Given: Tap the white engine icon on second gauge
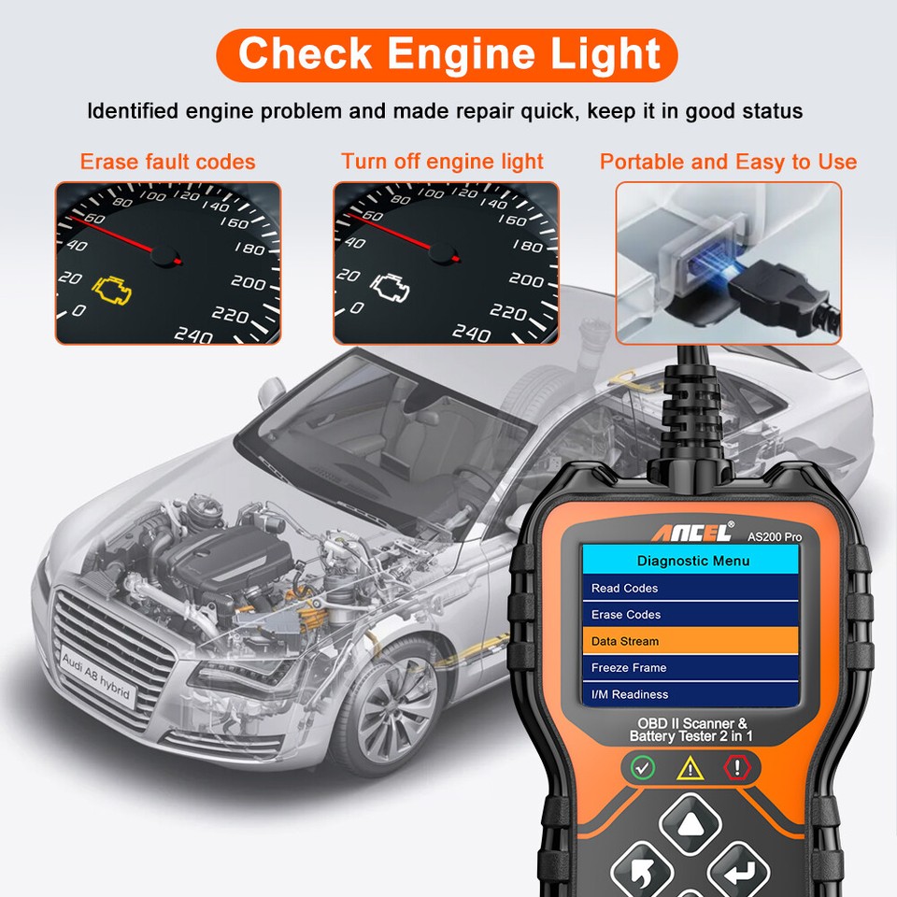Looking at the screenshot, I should coord(390,287).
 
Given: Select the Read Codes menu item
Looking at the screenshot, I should coord(691,588).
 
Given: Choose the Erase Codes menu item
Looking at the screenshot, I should coord(691,615).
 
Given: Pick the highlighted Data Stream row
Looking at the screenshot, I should coord(691,641).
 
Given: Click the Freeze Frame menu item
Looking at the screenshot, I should coord(691,668).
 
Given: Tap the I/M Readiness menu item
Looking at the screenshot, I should coord(691,694).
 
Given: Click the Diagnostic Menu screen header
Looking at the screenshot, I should coord(692,561).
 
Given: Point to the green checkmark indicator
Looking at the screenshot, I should coord(643,768).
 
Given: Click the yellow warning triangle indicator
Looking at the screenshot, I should coord(690,768).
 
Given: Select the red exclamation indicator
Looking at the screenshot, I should coord(738,768).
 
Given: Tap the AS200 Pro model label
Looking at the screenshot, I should coord(774,536).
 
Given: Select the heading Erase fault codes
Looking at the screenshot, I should coord(167,162).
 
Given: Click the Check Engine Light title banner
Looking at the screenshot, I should coord(448,54).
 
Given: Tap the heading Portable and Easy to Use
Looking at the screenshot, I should coord(728,162).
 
